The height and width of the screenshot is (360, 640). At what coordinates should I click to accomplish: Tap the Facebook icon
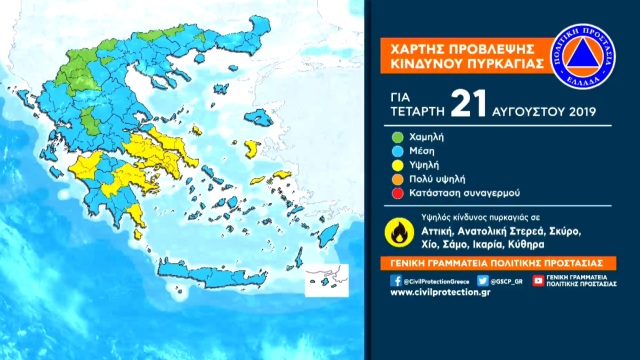396,281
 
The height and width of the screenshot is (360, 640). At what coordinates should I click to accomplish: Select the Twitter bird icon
483,281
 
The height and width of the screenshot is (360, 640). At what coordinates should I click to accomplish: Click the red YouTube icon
538,281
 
